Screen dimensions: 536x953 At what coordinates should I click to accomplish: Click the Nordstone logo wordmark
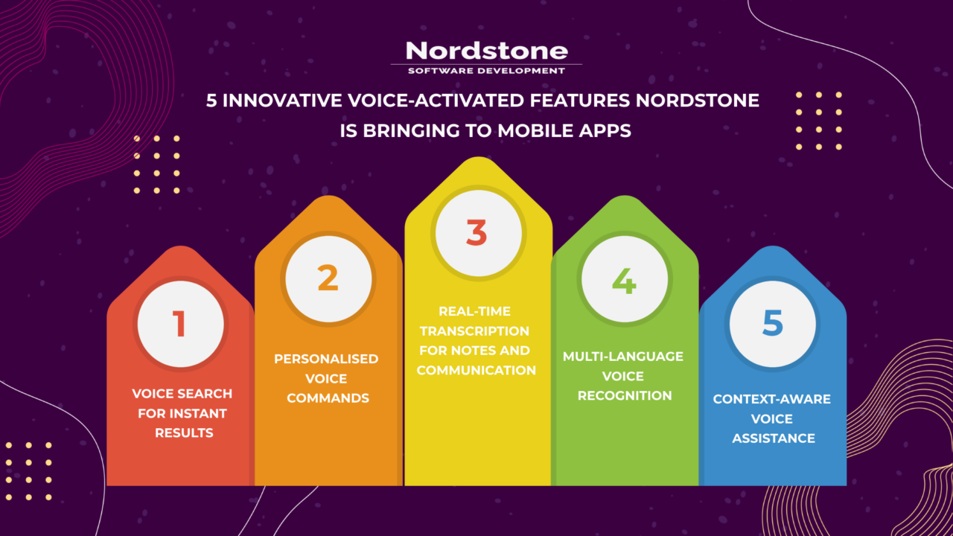pos(486,51)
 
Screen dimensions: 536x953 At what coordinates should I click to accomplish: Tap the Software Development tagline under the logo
pos(486,71)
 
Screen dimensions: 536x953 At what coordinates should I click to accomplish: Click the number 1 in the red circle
pos(179,325)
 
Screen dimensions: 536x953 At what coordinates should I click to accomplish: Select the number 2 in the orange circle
pos(328,278)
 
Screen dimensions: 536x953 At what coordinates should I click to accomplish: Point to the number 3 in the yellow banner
pos(476,232)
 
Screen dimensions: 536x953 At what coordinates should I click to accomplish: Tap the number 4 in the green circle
pos(624,280)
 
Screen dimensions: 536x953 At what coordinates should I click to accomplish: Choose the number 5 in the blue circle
pos(773,323)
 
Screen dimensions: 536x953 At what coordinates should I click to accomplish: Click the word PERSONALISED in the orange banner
pos(326,359)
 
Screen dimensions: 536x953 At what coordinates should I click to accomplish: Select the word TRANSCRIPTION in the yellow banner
pos(474,331)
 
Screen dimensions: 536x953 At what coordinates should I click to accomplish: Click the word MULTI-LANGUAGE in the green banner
pos(622,357)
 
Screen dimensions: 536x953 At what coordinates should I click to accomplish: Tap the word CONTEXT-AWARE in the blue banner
pos(771,399)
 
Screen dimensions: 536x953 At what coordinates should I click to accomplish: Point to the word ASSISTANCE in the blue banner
pos(773,438)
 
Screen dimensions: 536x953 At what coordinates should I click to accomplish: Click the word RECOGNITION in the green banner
pos(625,395)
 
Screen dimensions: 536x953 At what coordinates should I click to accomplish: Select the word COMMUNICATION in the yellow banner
pos(476,370)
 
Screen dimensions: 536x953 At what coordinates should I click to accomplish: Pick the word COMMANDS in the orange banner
pos(328,398)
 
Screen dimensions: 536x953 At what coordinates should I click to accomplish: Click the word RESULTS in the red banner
pos(184,433)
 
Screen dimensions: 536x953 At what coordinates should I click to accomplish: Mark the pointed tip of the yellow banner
pos(478,159)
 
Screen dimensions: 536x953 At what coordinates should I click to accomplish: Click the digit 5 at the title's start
pos(211,100)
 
